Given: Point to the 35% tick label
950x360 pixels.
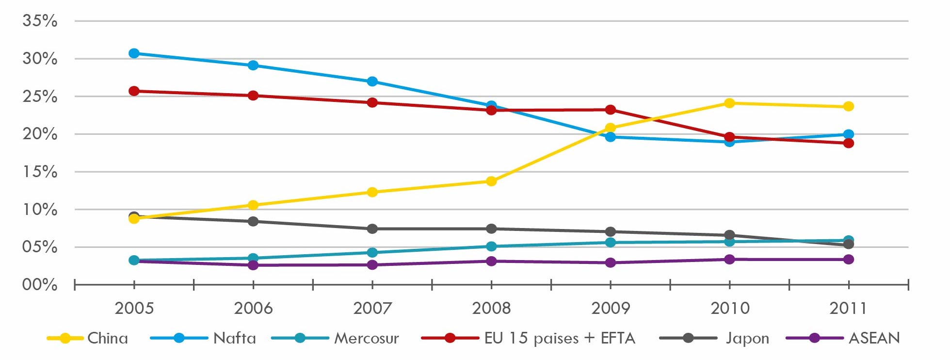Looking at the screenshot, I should click(x=40, y=21).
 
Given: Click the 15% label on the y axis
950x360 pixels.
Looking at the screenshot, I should click(x=40, y=172).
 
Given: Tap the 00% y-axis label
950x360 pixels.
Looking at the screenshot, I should click(x=40, y=285).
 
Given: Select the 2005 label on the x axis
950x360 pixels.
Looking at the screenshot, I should click(x=134, y=308).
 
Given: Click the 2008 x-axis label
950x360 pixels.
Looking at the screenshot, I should click(x=491, y=308).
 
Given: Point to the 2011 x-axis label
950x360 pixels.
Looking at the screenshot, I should click(x=848, y=308).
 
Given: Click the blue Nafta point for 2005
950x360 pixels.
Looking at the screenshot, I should click(x=134, y=53).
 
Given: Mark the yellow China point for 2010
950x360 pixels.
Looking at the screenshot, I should click(x=729, y=103).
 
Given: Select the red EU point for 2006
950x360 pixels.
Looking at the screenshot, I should click(x=253, y=96).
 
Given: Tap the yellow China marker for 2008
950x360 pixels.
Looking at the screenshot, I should click(x=491, y=181).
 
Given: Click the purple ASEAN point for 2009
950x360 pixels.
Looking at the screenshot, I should click(x=611, y=263).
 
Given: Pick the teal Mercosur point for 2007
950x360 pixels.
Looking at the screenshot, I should click(x=372, y=252).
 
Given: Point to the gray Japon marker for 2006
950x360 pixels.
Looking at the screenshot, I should click(x=253, y=221).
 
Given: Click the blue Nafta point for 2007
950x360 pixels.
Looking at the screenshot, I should click(x=372, y=82).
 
